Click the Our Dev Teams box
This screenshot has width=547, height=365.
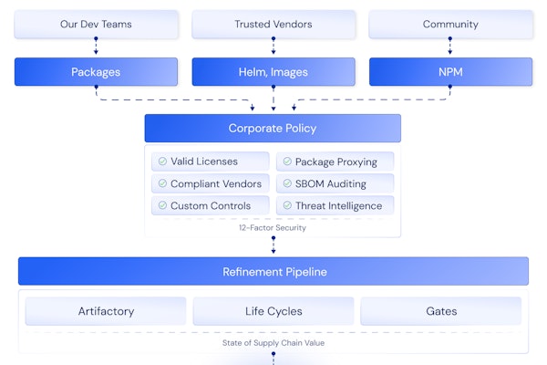pyautogui.click(x=96, y=25)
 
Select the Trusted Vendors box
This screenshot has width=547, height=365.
pyautogui.click(x=273, y=25)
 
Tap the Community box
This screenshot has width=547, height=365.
pyautogui.click(x=450, y=25)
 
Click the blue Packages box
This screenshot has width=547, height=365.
pyautogui.click(x=96, y=71)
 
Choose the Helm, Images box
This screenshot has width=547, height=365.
pyautogui.click(x=273, y=71)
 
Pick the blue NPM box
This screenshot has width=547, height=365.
pyautogui.click(x=450, y=71)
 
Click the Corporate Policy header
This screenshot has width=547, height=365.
pyautogui.click(x=273, y=129)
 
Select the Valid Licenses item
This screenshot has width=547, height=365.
pyautogui.click(x=211, y=162)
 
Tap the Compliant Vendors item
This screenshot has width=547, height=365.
pyautogui.click(x=211, y=183)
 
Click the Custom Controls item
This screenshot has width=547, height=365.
pyautogui.click(x=211, y=205)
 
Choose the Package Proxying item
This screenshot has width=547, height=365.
pyautogui.click(x=335, y=162)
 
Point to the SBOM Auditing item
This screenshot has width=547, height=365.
pyautogui.click(x=335, y=183)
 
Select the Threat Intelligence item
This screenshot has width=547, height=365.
pyautogui.click(x=335, y=205)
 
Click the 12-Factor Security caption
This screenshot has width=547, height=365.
pyautogui.click(x=273, y=227)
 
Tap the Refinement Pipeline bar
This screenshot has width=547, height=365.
pyautogui.click(x=273, y=271)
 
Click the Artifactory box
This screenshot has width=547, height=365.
pyautogui.click(x=106, y=311)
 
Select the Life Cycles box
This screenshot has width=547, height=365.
pyautogui.click(x=273, y=311)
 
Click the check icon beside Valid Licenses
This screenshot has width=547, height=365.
pyautogui.click(x=162, y=162)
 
